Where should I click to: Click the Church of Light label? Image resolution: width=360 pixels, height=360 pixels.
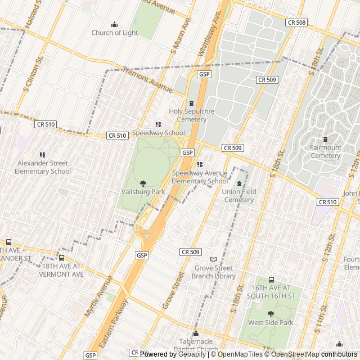[115, 33]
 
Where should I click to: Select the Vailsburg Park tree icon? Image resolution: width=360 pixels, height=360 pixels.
[143, 183]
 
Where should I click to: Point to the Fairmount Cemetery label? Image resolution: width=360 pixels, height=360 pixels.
[325, 151]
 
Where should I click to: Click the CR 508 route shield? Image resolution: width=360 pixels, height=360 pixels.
[296, 22]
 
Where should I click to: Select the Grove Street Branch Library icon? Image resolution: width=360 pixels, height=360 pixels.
[213, 259]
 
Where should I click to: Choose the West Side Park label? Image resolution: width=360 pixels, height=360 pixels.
[271, 323]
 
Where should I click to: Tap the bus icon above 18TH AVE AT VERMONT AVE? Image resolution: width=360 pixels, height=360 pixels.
[62, 258]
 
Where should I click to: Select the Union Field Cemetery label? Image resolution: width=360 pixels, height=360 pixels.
[238, 196]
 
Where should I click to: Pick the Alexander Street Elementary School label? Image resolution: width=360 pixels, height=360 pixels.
[43, 167]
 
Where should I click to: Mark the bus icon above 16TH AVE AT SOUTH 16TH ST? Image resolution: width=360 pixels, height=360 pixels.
[271, 280]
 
